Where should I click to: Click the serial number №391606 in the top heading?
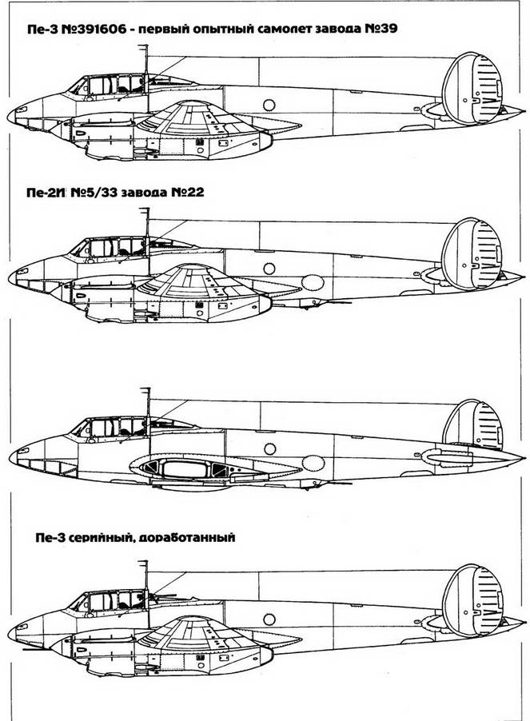pyautogui.click(x=94, y=29)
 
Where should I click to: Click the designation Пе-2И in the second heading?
pyautogui.click(x=46, y=192)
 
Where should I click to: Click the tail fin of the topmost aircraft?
pyautogui.click(x=472, y=88)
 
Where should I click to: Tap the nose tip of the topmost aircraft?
pyautogui.click(x=9, y=115)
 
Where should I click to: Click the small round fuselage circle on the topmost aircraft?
pyautogui.click(x=269, y=105)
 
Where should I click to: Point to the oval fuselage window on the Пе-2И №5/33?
pyautogui.click(x=313, y=282)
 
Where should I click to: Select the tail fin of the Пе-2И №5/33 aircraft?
pyautogui.click(x=472, y=254)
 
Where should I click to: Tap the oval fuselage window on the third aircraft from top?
pyautogui.click(x=313, y=464)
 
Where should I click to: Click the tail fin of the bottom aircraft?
pyautogui.click(x=472, y=600)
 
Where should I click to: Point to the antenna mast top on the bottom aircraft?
pyautogui.click(x=145, y=562)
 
